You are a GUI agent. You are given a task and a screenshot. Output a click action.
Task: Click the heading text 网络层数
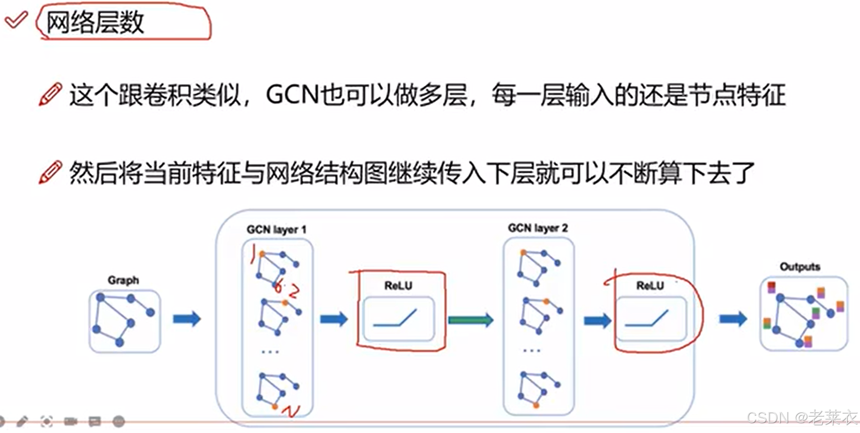(95, 22)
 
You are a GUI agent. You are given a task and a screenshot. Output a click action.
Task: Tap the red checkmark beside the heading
(16, 20)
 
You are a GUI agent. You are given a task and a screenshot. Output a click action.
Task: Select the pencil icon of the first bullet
(50, 95)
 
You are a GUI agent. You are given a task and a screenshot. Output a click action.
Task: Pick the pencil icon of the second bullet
(50, 172)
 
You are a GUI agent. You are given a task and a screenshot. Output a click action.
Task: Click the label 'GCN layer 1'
(276, 230)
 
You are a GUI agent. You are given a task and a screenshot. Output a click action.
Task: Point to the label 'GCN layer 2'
(538, 228)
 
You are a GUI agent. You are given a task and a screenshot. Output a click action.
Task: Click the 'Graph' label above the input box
(123, 280)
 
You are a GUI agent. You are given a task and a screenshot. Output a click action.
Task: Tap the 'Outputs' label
(800, 266)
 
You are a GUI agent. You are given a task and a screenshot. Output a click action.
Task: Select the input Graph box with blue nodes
(125, 321)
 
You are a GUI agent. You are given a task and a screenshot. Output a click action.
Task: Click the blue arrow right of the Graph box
(187, 319)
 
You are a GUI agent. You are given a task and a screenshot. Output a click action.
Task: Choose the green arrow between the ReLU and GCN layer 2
(471, 320)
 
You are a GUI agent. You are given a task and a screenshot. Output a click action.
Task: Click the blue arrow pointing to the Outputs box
(733, 319)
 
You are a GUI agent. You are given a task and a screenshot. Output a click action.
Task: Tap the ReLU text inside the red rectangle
(398, 285)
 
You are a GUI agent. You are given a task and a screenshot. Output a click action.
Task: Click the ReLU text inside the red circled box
(650, 285)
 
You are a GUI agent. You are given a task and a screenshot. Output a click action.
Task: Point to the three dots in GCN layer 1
(270, 352)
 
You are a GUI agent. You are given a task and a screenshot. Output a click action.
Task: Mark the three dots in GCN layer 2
(532, 351)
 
